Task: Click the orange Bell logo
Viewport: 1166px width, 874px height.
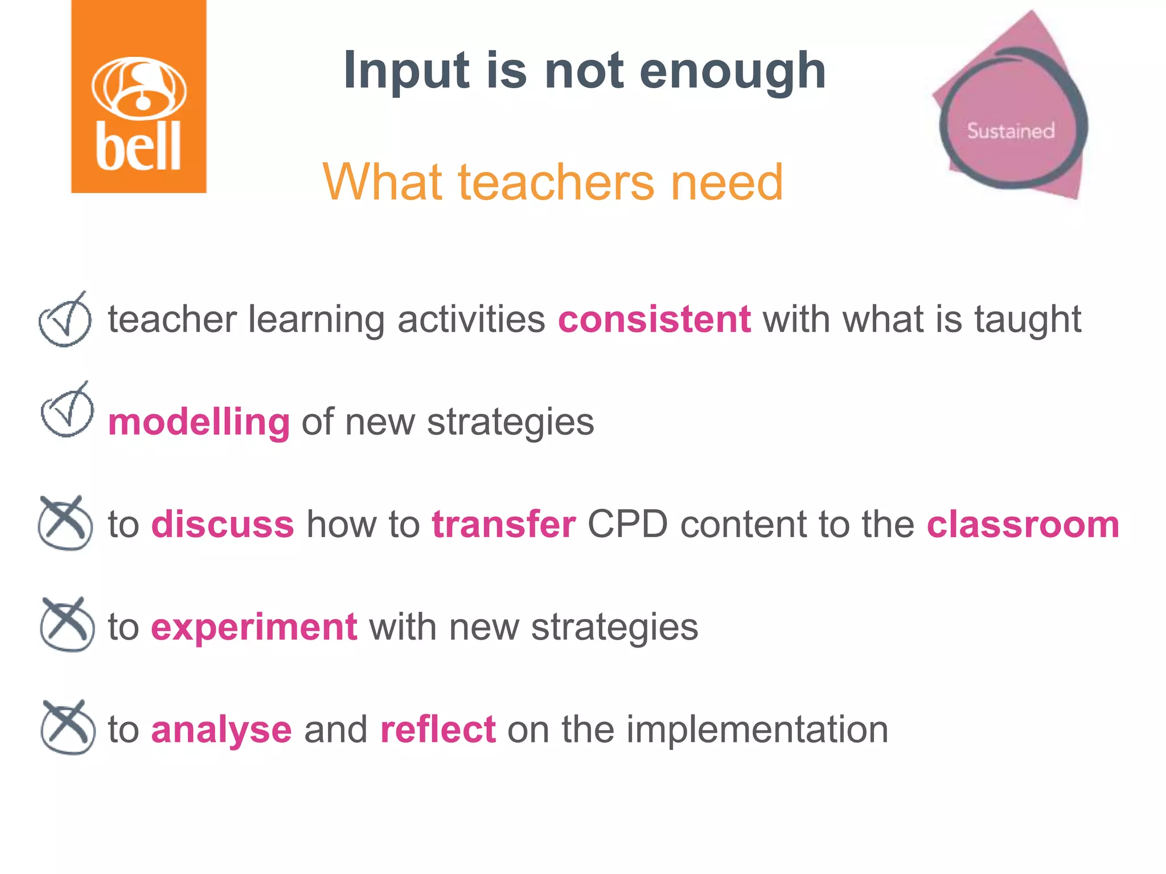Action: pyautogui.click(x=138, y=97)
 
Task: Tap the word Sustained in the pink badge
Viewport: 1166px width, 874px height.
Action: pyautogui.click(x=1011, y=131)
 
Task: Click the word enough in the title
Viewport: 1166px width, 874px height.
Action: pyautogui.click(x=733, y=71)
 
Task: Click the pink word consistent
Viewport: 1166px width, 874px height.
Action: pyautogui.click(x=654, y=319)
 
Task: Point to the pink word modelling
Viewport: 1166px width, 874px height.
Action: pyautogui.click(x=199, y=422)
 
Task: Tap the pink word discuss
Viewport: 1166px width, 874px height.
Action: pyautogui.click(x=223, y=524)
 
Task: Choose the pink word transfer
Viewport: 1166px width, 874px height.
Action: pyautogui.click(x=504, y=524)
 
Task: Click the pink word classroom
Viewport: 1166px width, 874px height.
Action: pyautogui.click(x=1023, y=524)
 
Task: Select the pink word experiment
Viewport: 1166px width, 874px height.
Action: pyautogui.click(x=254, y=627)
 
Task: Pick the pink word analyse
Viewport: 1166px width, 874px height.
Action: pyautogui.click(x=221, y=730)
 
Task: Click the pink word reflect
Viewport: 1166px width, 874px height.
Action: pyautogui.click(x=438, y=729)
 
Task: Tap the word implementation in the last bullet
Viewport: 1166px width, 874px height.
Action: pyautogui.click(x=757, y=729)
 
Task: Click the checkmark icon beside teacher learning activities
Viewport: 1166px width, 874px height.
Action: pyautogui.click(x=65, y=320)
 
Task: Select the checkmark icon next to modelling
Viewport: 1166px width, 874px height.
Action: pyautogui.click(x=67, y=411)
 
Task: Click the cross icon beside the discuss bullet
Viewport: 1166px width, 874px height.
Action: pyautogui.click(x=65, y=523)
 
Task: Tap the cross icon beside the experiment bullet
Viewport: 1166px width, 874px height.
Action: pyautogui.click(x=67, y=625)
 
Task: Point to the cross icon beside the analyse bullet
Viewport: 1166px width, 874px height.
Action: pyautogui.click(x=67, y=728)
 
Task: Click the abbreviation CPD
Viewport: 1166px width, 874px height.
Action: pyautogui.click(x=627, y=524)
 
